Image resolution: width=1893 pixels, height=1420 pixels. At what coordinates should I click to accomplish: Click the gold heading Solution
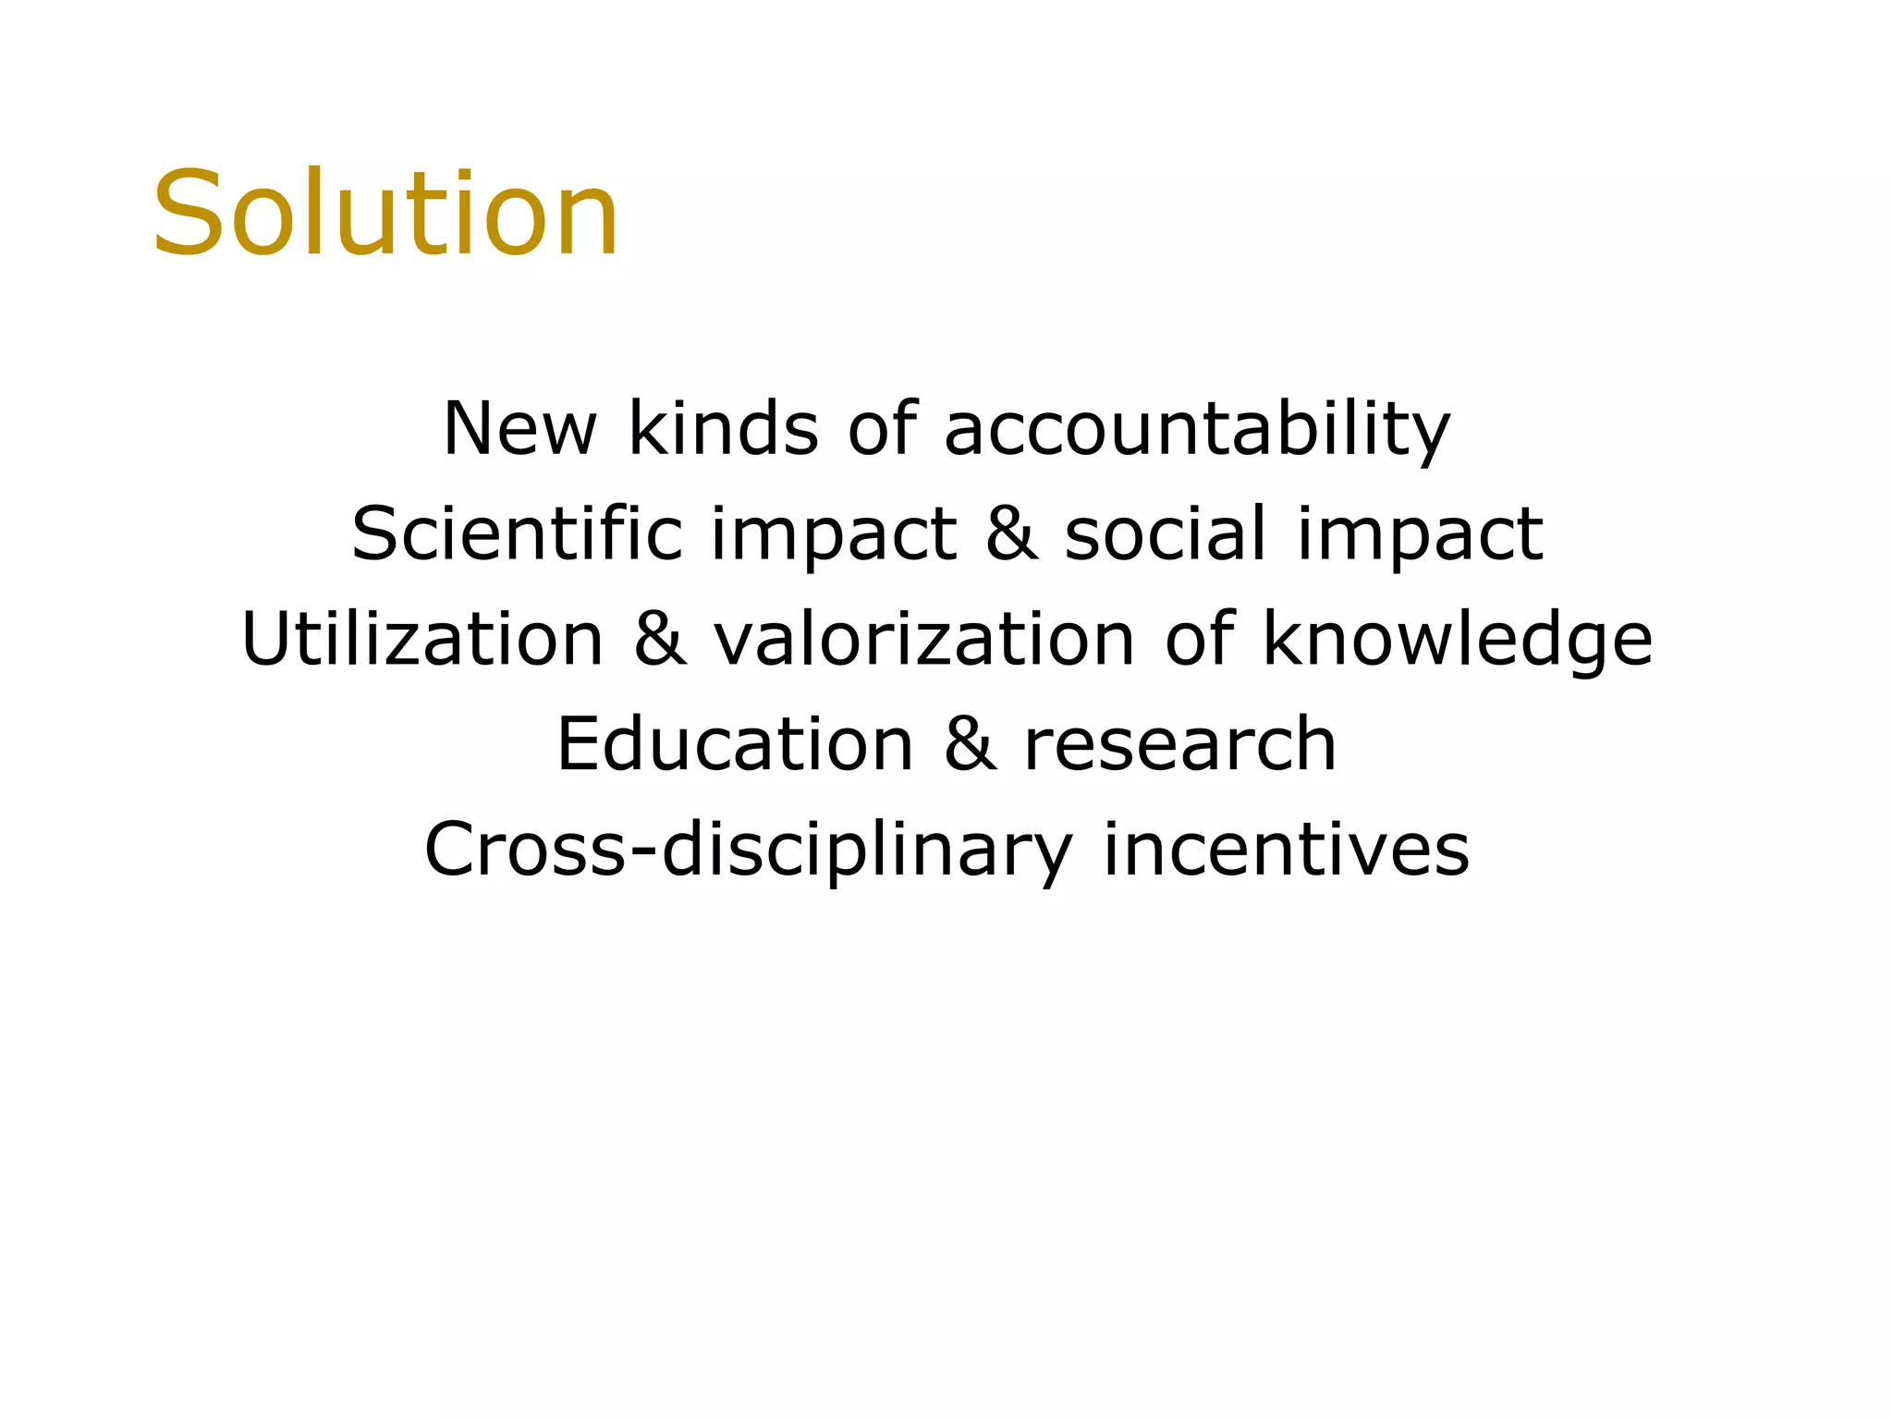[385, 214]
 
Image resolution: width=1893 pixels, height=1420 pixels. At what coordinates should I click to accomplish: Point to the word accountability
[1196, 431]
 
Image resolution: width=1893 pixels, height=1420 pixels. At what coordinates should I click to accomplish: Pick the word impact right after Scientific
[834, 536]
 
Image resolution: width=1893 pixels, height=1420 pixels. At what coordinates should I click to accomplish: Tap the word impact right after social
[1420, 536]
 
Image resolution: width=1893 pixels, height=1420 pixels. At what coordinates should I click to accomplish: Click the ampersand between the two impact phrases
[1011, 534]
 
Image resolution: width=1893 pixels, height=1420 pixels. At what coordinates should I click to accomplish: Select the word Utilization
[422, 639]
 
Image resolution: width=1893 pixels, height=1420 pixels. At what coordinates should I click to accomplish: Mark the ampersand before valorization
[660, 640]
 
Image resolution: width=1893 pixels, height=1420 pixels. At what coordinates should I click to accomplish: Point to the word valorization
[923, 639]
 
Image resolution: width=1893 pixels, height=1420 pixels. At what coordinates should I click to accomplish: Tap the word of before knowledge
[1199, 639]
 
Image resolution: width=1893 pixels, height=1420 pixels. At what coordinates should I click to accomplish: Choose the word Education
[735, 744]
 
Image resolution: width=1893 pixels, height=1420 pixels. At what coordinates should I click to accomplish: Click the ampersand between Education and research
[970, 745]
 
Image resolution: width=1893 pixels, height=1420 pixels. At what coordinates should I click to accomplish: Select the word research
[1180, 745]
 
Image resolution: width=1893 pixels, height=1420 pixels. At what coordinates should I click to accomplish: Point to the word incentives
[1286, 850]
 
